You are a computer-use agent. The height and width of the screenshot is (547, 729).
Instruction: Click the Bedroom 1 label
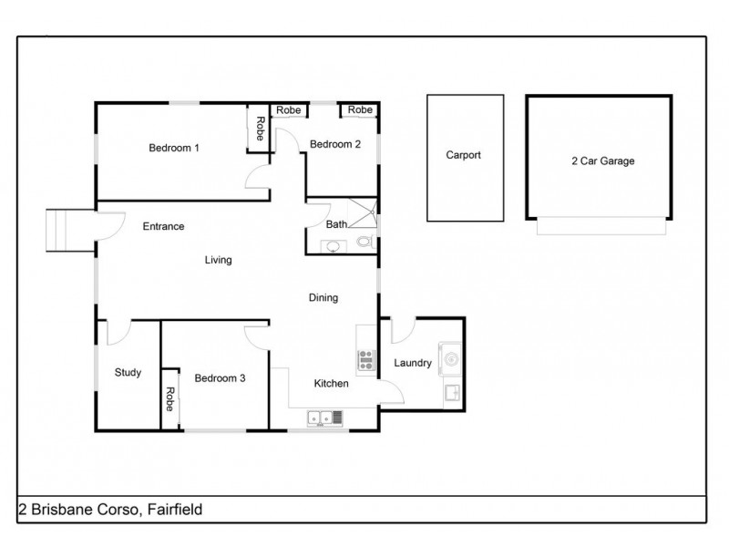174,148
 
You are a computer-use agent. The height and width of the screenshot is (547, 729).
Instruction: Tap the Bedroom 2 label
335,144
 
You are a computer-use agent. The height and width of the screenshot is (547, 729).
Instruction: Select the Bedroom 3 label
219,377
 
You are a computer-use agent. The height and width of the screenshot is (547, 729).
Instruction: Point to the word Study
128,372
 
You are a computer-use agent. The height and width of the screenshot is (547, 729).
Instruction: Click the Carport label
463,155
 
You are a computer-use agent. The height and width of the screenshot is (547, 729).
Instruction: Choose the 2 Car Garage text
602,160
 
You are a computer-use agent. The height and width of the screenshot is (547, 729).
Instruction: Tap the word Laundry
412,363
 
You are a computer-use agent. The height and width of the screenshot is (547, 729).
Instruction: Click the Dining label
323,297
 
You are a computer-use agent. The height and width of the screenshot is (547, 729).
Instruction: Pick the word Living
218,260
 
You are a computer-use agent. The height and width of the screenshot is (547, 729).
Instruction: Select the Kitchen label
332,384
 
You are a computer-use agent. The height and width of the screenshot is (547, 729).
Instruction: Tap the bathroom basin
331,246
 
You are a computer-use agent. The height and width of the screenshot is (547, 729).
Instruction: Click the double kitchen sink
324,418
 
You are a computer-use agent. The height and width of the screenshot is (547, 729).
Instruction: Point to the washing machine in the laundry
451,356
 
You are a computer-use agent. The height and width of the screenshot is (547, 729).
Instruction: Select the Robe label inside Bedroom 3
169,399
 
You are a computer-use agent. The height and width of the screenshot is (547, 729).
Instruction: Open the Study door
117,334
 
